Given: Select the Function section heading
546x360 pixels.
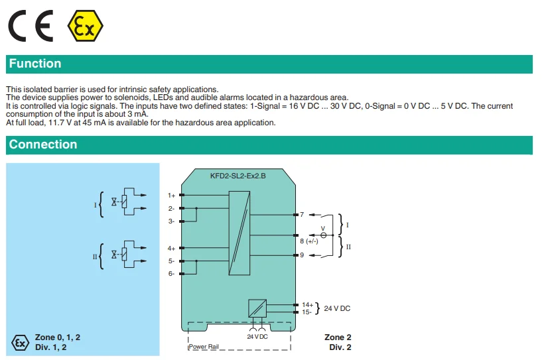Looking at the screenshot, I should [x=35, y=64].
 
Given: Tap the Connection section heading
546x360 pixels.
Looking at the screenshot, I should [x=43, y=145].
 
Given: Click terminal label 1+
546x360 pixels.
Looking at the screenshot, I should [x=171, y=195].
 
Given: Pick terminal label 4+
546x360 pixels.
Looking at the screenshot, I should [x=171, y=248].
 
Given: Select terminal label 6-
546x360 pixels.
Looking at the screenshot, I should [x=171, y=273].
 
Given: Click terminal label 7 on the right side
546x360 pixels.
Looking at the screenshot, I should [x=302, y=215].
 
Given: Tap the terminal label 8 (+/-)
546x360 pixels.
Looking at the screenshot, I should [x=308, y=241].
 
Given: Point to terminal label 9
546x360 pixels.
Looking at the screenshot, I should [x=302, y=255].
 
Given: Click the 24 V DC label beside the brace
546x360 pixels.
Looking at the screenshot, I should [x=337, y=308].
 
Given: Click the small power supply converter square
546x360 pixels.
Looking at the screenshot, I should [x=257, y=308].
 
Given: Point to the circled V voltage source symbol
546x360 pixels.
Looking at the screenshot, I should [x=323, y=235].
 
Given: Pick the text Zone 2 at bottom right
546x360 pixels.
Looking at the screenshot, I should [x=338, y=337].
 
